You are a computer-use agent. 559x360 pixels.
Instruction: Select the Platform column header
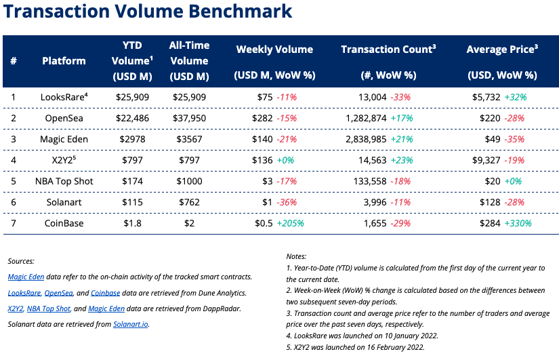point(64,61)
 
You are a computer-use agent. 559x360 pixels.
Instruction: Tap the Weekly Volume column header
point(274,49)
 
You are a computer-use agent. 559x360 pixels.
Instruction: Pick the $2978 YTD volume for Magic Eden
point(129,138)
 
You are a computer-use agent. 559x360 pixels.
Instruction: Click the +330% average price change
point(518,224)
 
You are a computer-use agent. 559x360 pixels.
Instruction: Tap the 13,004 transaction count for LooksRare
point(372,98)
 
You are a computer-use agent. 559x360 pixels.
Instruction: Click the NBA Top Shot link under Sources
point(48,308)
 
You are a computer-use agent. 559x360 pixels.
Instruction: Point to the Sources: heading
point(21,261)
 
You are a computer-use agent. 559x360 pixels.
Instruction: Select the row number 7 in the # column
point(14,224)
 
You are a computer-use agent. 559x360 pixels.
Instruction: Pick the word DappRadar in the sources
point(209,308)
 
